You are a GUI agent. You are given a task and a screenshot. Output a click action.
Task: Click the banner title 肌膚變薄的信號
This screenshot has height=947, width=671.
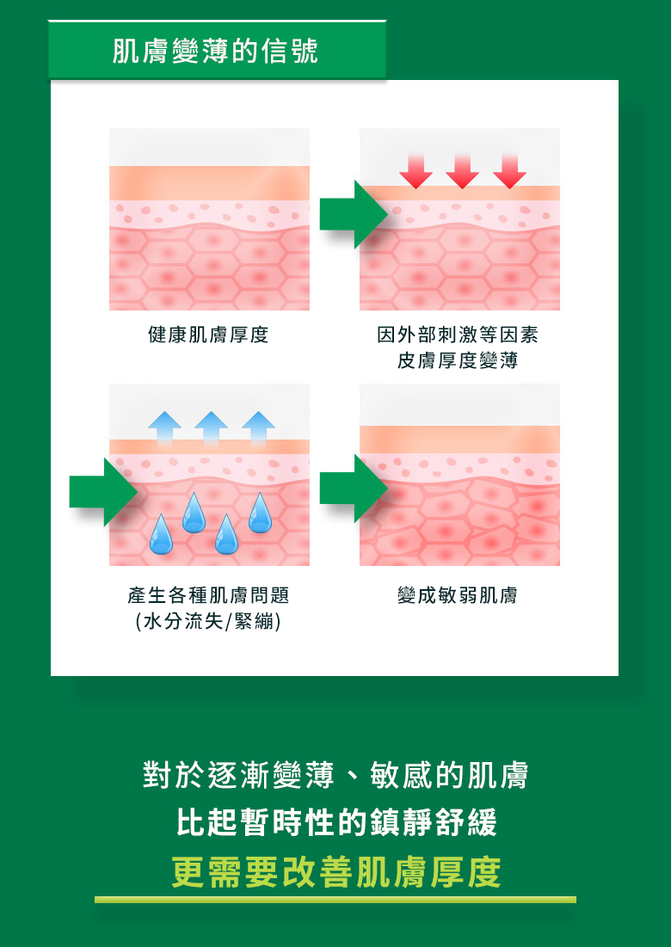215,51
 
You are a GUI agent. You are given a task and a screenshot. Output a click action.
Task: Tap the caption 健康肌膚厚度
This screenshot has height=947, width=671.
208,334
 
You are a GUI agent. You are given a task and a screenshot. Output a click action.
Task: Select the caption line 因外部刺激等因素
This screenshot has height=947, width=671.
457,334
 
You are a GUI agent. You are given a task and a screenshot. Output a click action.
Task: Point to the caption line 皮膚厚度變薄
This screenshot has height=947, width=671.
457,360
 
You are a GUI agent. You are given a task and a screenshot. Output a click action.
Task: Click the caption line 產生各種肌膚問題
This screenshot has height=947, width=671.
208,595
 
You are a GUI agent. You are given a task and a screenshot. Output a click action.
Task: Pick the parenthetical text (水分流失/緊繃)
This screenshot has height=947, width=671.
208,622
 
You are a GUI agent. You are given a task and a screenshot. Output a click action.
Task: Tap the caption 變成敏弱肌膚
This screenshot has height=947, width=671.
457,595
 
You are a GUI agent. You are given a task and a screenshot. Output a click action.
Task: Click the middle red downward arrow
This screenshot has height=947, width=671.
463,171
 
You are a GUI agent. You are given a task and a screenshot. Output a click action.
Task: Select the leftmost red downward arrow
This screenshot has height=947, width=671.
416,171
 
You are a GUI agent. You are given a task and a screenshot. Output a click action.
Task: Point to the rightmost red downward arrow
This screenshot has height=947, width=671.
510,171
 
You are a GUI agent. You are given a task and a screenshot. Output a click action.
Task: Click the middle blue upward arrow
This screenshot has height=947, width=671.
212,428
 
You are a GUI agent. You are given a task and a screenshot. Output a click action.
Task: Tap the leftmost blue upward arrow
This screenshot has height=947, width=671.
164,428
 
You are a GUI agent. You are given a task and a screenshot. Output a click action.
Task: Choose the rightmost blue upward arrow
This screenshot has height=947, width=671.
258,428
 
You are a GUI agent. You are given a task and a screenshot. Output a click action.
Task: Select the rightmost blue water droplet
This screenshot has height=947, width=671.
260,514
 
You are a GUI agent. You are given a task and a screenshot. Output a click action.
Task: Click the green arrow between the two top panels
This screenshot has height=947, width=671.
354,214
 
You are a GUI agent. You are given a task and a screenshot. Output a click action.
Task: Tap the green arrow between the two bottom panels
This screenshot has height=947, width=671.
354,488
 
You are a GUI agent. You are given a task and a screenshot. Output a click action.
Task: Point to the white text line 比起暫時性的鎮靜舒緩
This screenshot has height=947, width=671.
336,822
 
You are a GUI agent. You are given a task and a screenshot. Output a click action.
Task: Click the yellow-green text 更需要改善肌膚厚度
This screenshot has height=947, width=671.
336,872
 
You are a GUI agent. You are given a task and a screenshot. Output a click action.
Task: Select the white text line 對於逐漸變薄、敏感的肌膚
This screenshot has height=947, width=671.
335,775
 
